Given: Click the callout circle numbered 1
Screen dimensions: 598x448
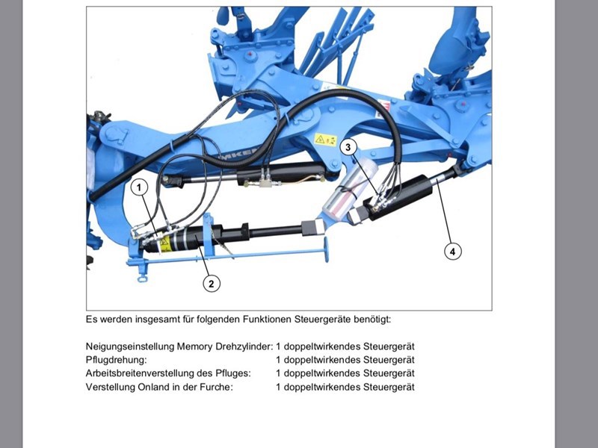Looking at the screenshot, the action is point(139,187).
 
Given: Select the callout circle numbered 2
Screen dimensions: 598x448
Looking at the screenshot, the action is point(212,284).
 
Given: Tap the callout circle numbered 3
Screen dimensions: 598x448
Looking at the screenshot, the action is point(348,147).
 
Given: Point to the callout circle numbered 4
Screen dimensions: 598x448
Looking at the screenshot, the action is point(453,252).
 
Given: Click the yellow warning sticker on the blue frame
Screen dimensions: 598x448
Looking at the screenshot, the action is point(325,140).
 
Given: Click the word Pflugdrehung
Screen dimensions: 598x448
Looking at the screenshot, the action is point(116,360).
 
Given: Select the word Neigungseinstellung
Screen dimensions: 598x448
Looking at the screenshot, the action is point(130,346).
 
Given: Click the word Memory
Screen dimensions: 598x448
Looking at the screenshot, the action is point(195,346).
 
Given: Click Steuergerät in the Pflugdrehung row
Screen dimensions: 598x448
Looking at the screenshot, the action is point(389,360).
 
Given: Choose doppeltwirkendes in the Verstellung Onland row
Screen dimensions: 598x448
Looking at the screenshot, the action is point(322,387).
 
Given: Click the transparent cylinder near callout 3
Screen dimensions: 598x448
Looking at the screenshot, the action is point(349,188).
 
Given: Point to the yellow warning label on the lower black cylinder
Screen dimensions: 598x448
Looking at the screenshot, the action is point(164,244).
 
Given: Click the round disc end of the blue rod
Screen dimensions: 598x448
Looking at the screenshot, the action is point(326,249).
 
